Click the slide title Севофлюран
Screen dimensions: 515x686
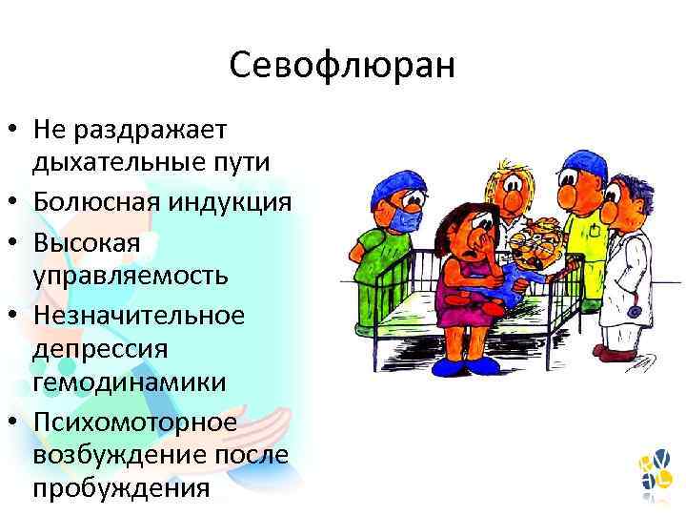[343, 66]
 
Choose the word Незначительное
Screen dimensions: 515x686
[139, 314]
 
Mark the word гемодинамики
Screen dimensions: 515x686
[130, 382]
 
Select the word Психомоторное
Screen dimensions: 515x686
[135, 420]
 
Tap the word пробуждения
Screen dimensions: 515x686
[121, 489]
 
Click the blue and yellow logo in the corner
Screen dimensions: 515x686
[656, 474]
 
